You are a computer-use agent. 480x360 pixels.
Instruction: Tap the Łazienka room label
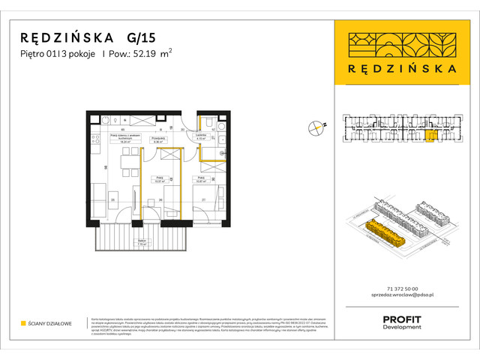point(200,136)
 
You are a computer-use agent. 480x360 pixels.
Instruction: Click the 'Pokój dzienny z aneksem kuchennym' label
point(125,137)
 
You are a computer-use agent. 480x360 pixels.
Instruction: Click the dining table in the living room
point(130,161)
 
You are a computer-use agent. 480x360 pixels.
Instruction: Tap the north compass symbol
point(317,129)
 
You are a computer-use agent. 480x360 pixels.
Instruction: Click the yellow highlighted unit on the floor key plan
point(429,136)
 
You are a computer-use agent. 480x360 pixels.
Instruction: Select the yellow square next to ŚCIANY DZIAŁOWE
point(23,323)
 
